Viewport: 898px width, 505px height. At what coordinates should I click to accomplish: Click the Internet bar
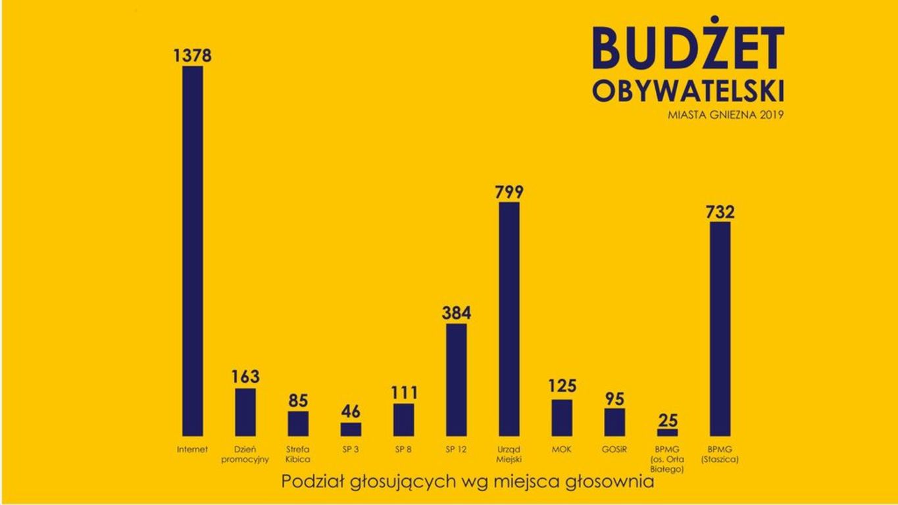tap(193, 250)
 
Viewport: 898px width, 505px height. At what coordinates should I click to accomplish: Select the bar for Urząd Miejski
tap(509, 319)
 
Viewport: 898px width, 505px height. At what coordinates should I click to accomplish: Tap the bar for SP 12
tap(457, 379)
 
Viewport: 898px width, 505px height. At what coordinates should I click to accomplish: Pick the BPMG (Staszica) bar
tap(720, 329)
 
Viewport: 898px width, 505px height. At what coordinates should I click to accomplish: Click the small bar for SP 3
tap(351, 429)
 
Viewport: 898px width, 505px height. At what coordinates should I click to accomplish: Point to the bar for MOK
tap(562, 418)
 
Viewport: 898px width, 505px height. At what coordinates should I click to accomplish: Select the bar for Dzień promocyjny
tap(245, 412)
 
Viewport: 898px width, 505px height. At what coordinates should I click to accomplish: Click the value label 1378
tap(193, 56)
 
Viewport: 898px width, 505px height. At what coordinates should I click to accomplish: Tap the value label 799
tap(509, 192)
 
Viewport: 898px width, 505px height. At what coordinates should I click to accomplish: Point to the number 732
tap(720, 212)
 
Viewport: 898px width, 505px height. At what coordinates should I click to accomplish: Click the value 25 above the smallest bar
tap(667, 420)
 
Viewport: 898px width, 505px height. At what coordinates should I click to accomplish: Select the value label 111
tap(404, 393)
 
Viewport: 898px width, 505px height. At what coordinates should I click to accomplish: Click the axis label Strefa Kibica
tap(298, 454)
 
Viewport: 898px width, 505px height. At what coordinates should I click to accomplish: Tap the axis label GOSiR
tap(614, 450)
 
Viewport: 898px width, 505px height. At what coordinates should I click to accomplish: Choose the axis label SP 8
tap(404, 450)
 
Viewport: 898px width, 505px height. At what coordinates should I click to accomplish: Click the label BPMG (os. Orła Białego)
tap(667, 460)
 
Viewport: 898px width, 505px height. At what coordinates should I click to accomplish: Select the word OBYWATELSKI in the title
tap(688, 91)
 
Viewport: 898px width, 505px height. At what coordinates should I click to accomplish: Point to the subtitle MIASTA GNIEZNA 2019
tap(726, 114)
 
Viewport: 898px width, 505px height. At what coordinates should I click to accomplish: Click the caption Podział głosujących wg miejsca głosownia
tap(468, 481)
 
